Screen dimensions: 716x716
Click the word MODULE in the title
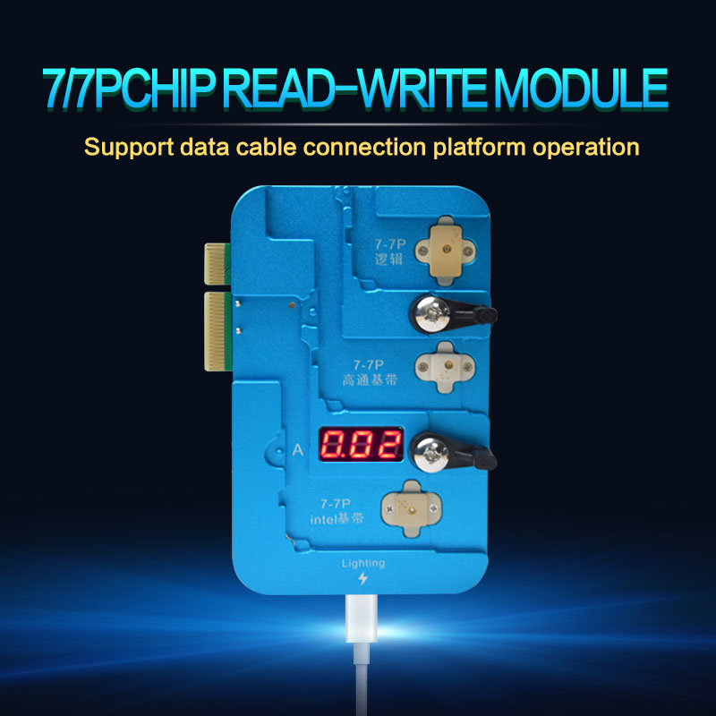tap(581, 88)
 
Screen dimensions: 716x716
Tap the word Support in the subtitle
tap(129, 148)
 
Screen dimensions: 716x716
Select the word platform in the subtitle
tap(479, 148)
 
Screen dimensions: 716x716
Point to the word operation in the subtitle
tap(586, 148)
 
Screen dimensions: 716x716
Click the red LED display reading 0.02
tap(361, 444)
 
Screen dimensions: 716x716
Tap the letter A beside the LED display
tap(298, 450)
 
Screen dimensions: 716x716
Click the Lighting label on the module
tap(363, 564)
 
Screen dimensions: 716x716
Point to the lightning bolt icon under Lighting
tap(363, 578)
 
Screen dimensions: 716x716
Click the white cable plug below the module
tap(362, 618)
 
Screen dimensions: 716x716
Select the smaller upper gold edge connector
tap(217, 264)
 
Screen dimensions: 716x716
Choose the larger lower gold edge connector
tap(217, 331)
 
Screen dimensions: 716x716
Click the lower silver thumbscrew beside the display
tap(430, 453)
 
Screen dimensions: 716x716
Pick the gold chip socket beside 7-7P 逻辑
tap(445, 251)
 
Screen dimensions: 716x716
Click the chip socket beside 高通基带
tap(445, 367)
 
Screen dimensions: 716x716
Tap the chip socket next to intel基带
tap(412, 508)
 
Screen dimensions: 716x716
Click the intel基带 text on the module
tap(337, 519)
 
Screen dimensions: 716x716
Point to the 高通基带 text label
tap(370, 379)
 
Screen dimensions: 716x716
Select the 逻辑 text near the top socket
tap(388, 260)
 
